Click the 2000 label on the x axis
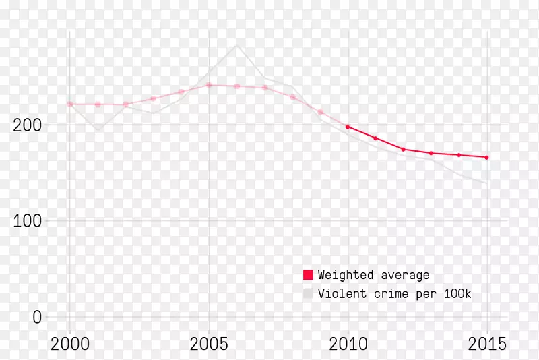click(x=69, y=344)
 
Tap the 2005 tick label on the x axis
click(x=209, y=344)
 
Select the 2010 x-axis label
click(x=348, y=344)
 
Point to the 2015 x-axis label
click(x=487, y=344)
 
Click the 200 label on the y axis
click(x=27, y=125)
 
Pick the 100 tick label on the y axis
click(x=27, y=221)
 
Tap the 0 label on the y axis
click(x=36, y=317)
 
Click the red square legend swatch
click(x=308, y=274)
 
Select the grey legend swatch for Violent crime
click(x=308, y=293)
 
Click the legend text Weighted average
click(x=373, y=275)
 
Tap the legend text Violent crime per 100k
click(x=395, y=293)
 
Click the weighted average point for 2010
click(x=348, y=127)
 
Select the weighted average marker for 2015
click(x=487, y=157)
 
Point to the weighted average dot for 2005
click(x=209, y=85)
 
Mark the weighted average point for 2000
click(x=69, y=104)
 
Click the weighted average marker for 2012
click(x=404, y=149)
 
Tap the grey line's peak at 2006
click(x=236, y=45)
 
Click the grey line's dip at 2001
click(x=98, y=130)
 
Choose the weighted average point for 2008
click(x=292, y=97)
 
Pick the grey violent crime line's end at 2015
click(x=487, y=183)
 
